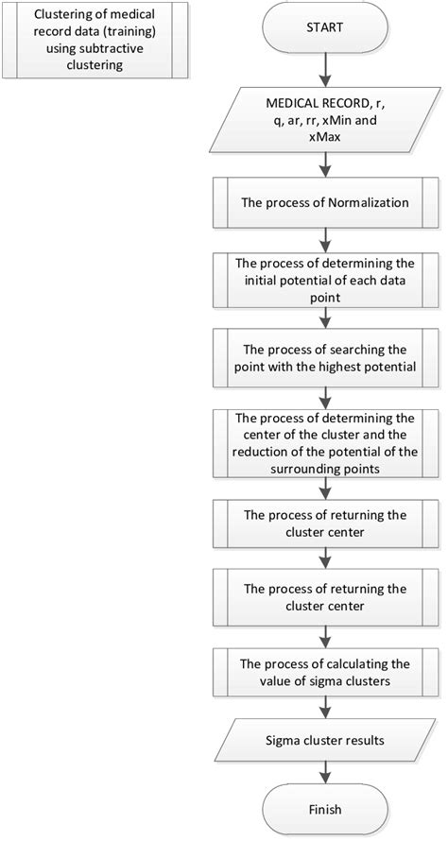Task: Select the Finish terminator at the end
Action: pos(324,809)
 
